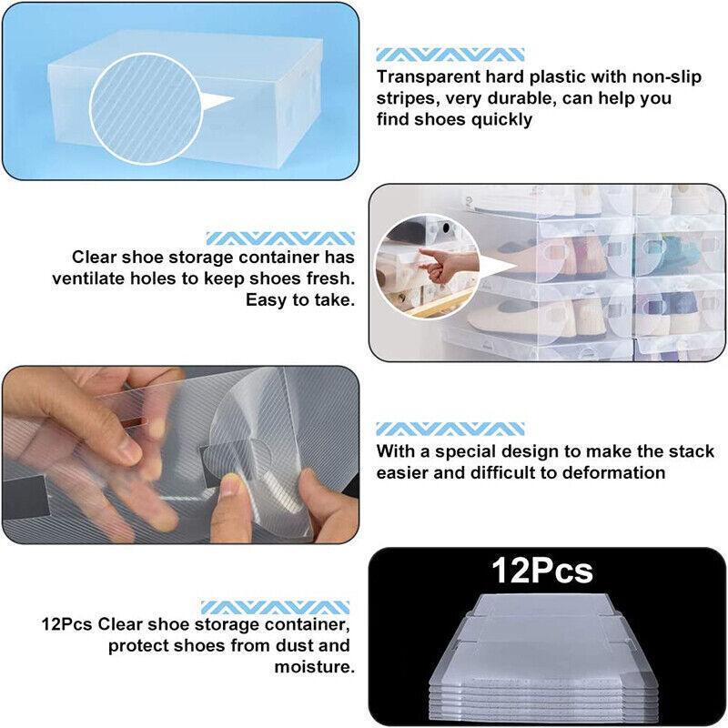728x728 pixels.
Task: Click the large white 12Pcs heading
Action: tap(542, 571)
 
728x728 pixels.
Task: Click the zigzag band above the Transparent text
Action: tap(450, 55)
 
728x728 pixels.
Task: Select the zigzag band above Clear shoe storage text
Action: tap(280, 238)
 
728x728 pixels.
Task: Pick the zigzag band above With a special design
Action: tap(450, 428)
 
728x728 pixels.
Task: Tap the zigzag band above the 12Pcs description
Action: tap(275, 606)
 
